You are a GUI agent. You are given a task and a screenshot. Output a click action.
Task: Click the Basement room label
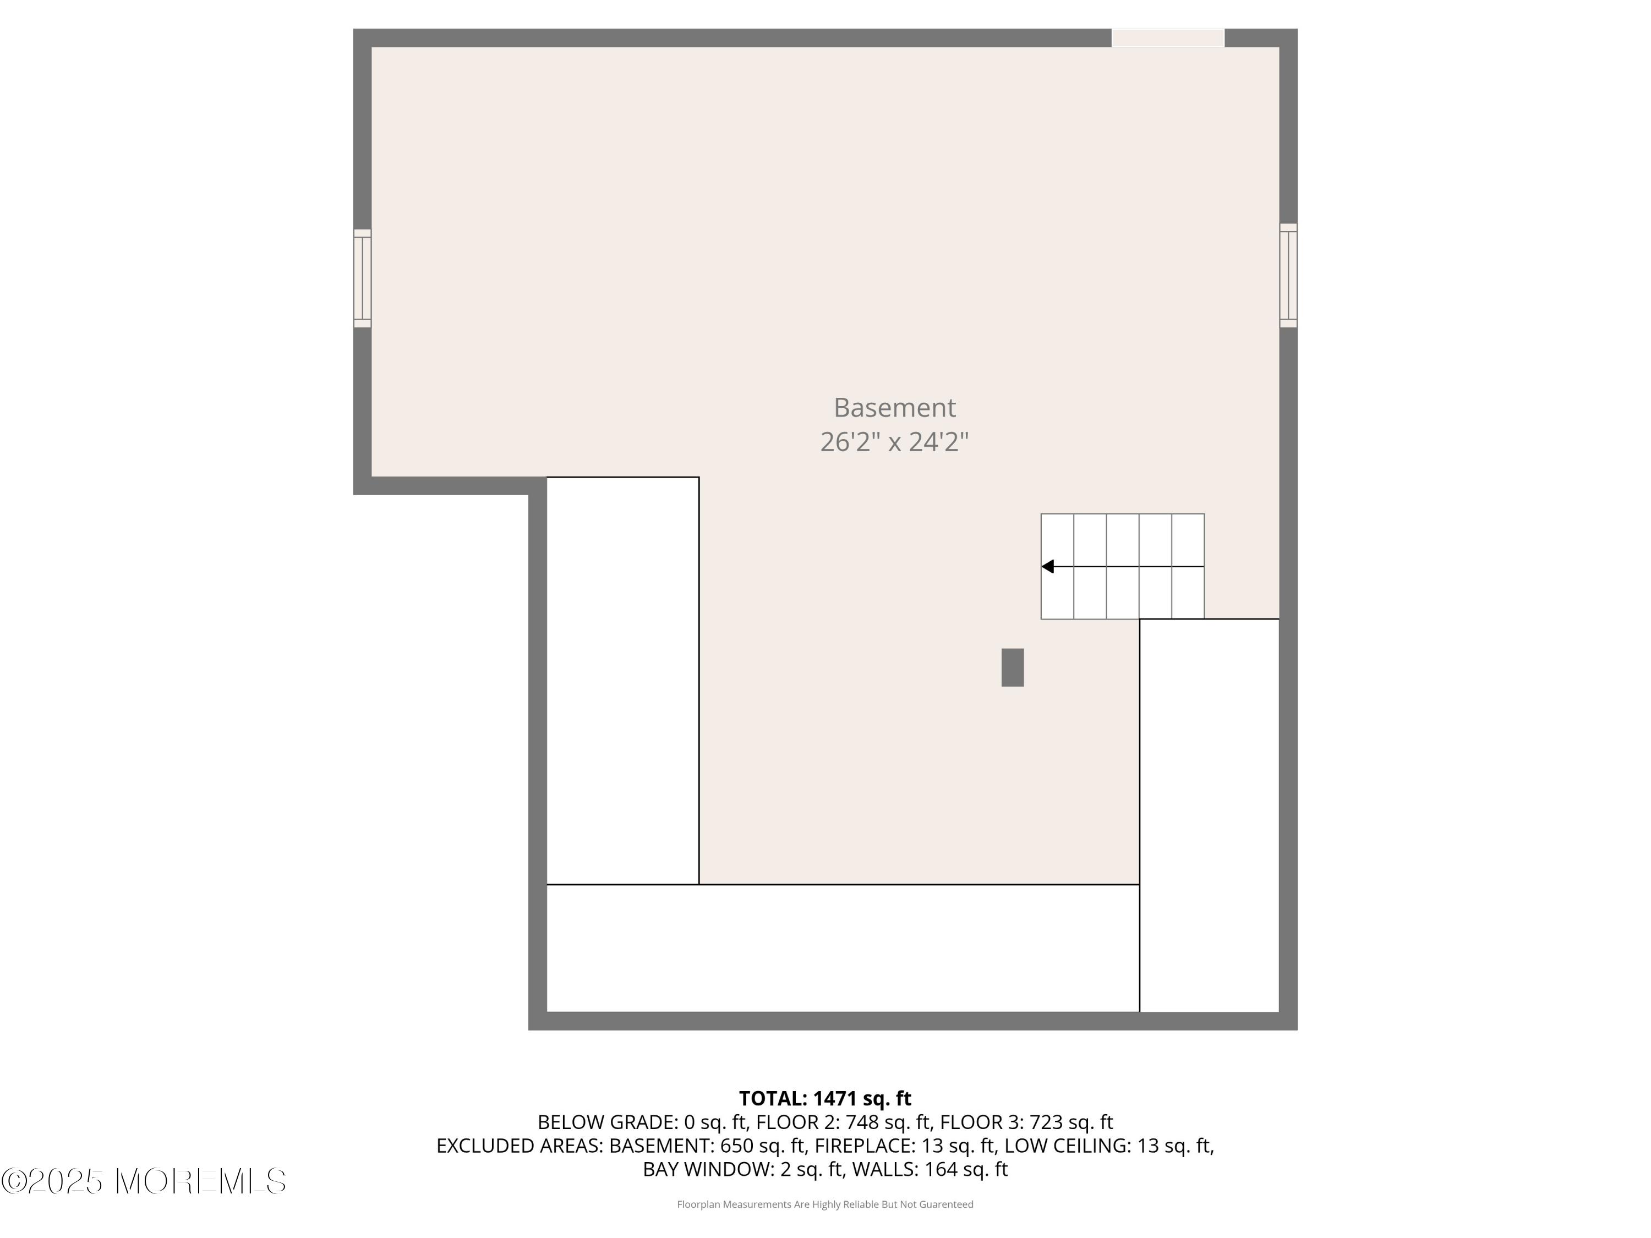tap(894, 408)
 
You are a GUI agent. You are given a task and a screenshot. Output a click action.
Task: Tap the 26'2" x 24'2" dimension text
tap(894, 442)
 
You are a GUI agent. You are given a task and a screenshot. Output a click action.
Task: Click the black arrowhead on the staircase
tap(1047, 566)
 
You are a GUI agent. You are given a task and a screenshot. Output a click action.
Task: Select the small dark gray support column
tap(1012, 667)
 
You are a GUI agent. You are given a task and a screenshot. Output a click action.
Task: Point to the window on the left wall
tap(362, 278)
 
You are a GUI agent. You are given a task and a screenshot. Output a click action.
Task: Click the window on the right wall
tap(1288, 275)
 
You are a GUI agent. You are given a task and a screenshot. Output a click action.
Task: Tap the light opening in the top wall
tap(1168, 38)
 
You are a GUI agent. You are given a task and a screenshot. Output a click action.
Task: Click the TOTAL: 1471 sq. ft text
tap(825, 1098)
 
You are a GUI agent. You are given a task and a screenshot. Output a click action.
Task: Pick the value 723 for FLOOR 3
tap(1046, 1122)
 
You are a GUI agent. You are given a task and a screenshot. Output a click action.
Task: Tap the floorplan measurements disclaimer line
tap(825, 1204)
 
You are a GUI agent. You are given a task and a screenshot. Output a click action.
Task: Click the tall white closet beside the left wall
tap(623, 681)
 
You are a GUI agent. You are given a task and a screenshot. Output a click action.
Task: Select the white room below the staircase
tap(1209, 815)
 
